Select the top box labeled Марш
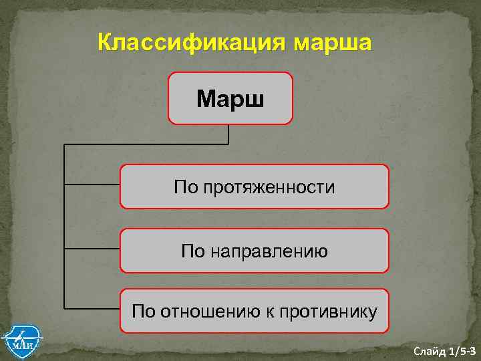pos(230,99)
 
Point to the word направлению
pos(270,251)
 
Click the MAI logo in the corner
pos(21,341)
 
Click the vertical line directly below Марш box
pos(229,134)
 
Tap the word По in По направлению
pos(194,251)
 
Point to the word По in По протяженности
pos(185,188)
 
